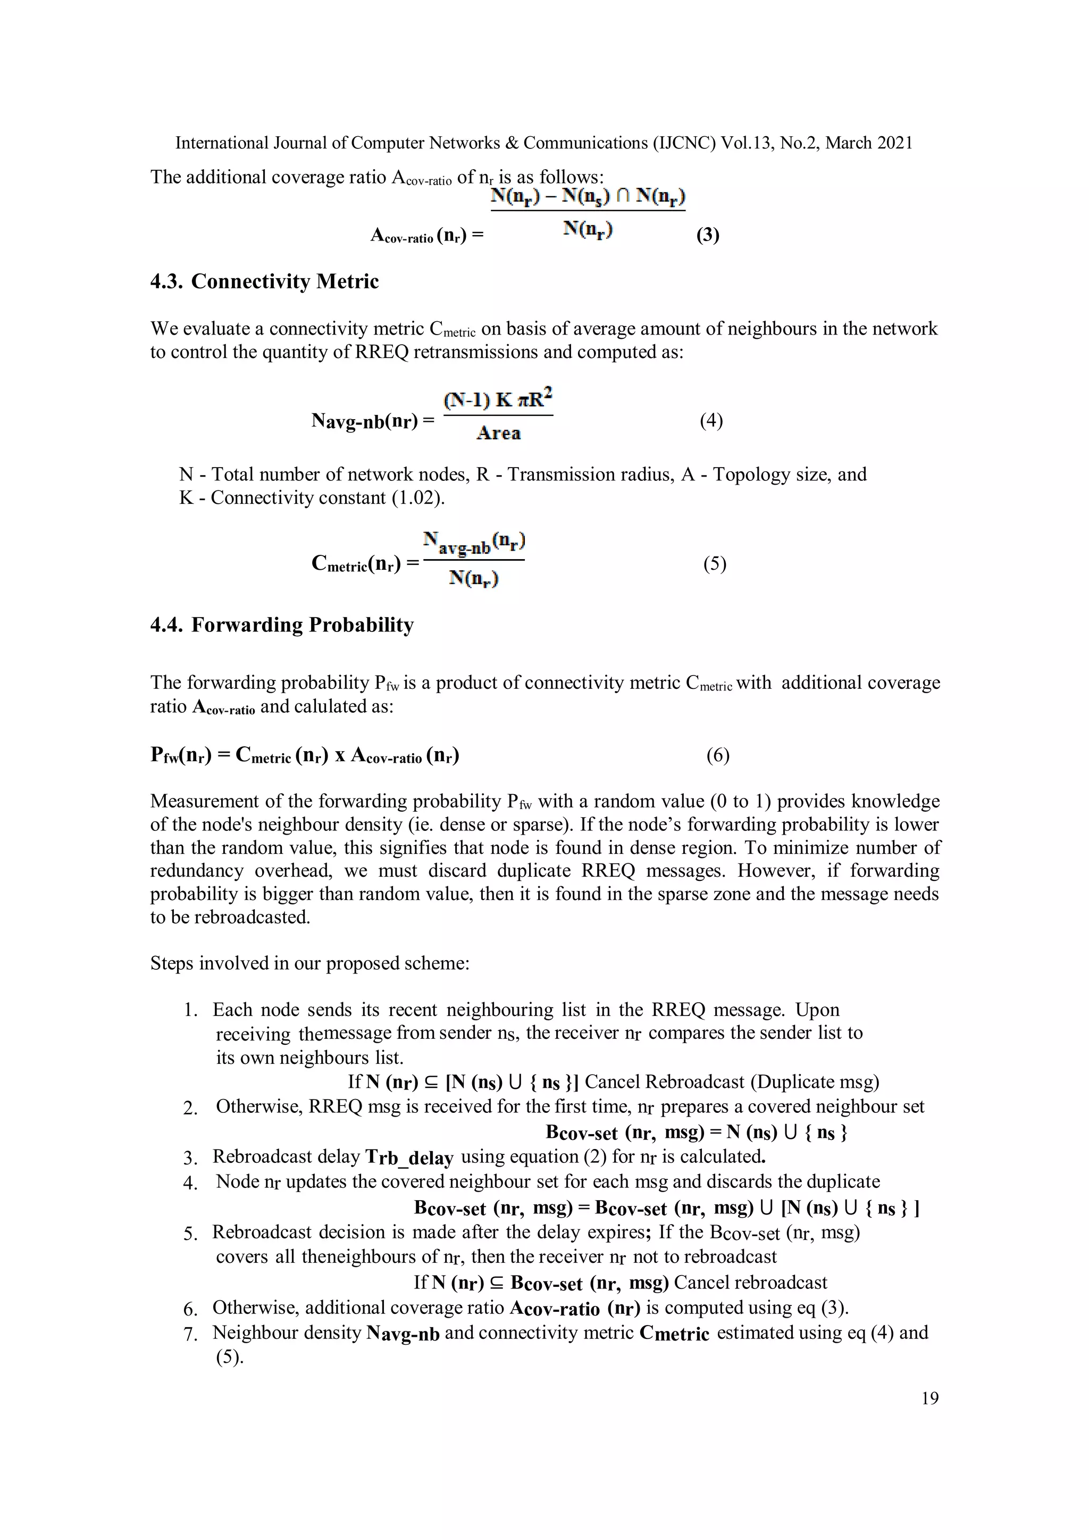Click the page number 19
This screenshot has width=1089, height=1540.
coord(929,1398)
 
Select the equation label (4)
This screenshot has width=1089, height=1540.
coord(711,421)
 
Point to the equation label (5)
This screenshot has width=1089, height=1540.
coord(714,563)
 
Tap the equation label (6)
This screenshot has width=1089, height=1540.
coord(717,755)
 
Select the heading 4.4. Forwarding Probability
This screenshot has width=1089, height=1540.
coord(282,625)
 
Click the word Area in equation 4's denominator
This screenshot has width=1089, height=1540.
coord(498,434)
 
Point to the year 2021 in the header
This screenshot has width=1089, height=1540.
coord(893,143)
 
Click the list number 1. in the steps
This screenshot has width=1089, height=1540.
coord(190,1010)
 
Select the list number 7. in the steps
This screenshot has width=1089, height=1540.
coord(190,1334)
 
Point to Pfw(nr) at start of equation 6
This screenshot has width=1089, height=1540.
coord(180,755)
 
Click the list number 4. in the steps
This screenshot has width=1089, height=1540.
coord(190,1183)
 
